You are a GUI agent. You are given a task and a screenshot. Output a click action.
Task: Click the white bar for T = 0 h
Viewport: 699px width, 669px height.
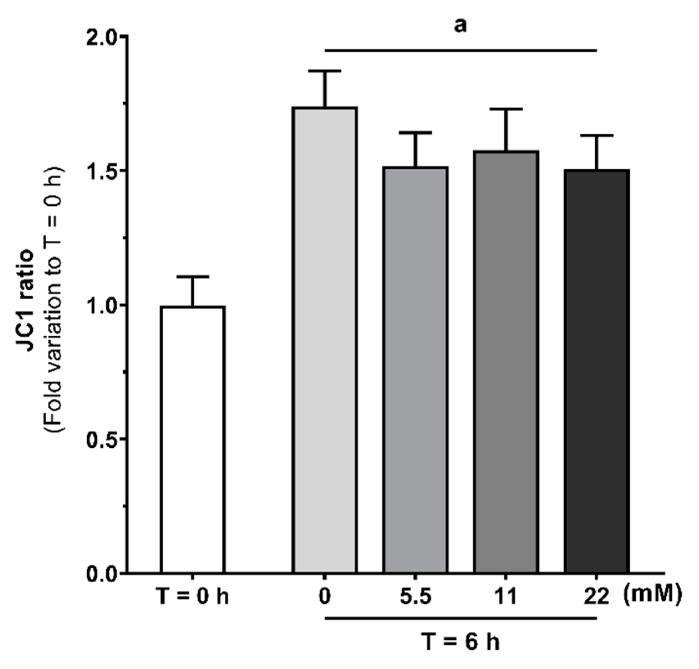point(193,440)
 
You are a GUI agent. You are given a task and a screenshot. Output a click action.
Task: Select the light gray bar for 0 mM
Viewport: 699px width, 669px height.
point(324,339)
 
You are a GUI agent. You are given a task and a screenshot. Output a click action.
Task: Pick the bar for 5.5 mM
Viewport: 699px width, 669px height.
point(415,370)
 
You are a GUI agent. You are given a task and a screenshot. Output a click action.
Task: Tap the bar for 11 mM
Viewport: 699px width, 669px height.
point(506,362)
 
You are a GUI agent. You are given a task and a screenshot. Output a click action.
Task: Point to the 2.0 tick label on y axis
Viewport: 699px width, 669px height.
point(100,37)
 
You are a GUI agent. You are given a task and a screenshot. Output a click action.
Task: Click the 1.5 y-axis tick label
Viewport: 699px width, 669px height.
point(100,171)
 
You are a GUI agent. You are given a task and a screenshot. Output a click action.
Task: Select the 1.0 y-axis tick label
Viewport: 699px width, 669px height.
point(100,305)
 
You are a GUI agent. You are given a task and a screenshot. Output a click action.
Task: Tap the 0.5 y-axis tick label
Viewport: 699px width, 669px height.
point(100,440)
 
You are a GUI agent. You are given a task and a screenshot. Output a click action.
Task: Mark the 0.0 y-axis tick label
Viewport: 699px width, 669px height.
point(100,574)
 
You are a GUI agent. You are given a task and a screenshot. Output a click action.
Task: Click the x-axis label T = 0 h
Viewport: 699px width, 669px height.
point(193,597)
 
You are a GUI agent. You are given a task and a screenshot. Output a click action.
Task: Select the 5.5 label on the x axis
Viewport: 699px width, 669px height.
point(415,597)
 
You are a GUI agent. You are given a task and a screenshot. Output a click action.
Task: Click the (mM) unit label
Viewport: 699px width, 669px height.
point(653,595)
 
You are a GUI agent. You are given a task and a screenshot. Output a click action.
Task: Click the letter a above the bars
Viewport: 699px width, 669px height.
point(461,25)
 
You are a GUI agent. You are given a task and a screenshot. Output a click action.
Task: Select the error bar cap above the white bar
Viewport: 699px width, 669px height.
point(193,277)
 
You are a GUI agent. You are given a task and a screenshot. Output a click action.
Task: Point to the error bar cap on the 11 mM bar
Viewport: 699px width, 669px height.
point(506,109)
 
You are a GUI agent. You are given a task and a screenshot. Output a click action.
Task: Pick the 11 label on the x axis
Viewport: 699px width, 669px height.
point(506,597)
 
